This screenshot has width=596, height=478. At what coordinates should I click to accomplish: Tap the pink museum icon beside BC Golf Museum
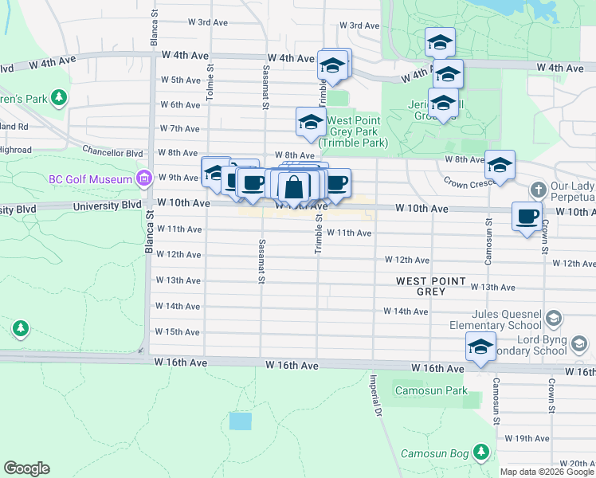click(x=143, y=177)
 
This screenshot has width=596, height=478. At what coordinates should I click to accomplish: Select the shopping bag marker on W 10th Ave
click(x=294, y=187)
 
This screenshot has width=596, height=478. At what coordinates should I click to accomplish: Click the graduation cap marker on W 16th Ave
click(x=480, y=347)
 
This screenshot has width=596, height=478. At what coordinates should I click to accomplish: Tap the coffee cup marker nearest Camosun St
click(x=526, y=217)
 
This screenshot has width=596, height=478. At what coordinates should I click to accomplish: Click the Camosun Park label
click(x=433, y=391)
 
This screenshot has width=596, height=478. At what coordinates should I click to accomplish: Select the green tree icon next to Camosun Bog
click(x=480, y=453)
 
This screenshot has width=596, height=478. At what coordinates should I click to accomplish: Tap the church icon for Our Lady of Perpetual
click(x=539, y=190)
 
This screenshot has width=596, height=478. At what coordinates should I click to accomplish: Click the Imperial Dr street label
click(x=371, y=398)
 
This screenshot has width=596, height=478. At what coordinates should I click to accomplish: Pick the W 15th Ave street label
click(x=177, y=331)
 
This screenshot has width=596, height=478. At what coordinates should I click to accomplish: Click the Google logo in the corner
click(x=26, y=468)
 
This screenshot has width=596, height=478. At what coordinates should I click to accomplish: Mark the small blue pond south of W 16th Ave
click(x=240, y=421)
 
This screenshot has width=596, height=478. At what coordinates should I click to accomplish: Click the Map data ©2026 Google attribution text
click(x=546, y=472)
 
